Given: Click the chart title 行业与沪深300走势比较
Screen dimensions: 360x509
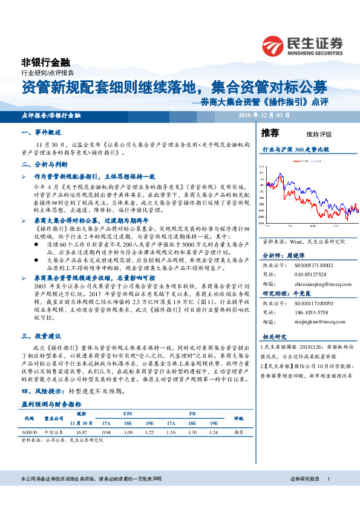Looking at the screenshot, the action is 295,149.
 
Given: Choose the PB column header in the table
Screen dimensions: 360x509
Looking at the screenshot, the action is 192,413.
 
